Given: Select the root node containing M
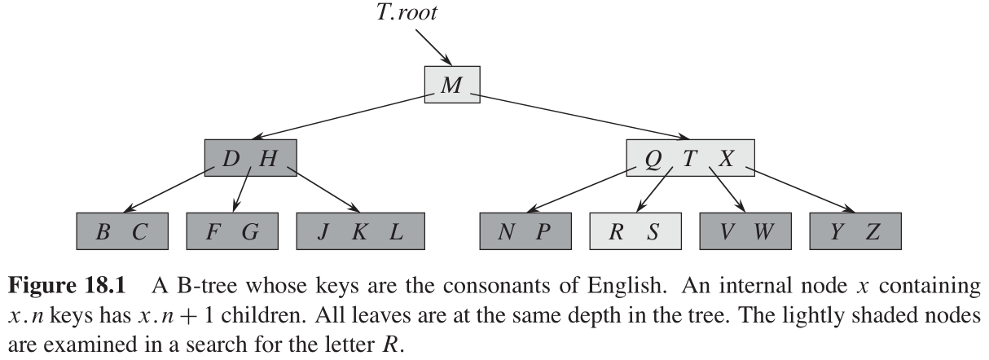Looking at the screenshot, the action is (451, 86).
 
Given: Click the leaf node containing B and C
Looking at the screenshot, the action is (121, 232).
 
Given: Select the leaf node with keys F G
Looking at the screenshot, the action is (232, 232).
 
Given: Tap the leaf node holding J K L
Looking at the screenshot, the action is (360, 232).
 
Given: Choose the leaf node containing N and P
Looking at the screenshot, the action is (525, 232).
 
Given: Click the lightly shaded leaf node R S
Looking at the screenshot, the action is (635, 232).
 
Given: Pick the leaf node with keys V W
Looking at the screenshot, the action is (746, 232).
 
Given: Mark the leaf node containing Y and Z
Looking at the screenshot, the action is (856, 232).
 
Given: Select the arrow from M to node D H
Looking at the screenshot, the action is (342, 116).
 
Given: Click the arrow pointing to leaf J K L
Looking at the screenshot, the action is (324, 191).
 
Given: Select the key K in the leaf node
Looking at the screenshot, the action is (358, 232).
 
